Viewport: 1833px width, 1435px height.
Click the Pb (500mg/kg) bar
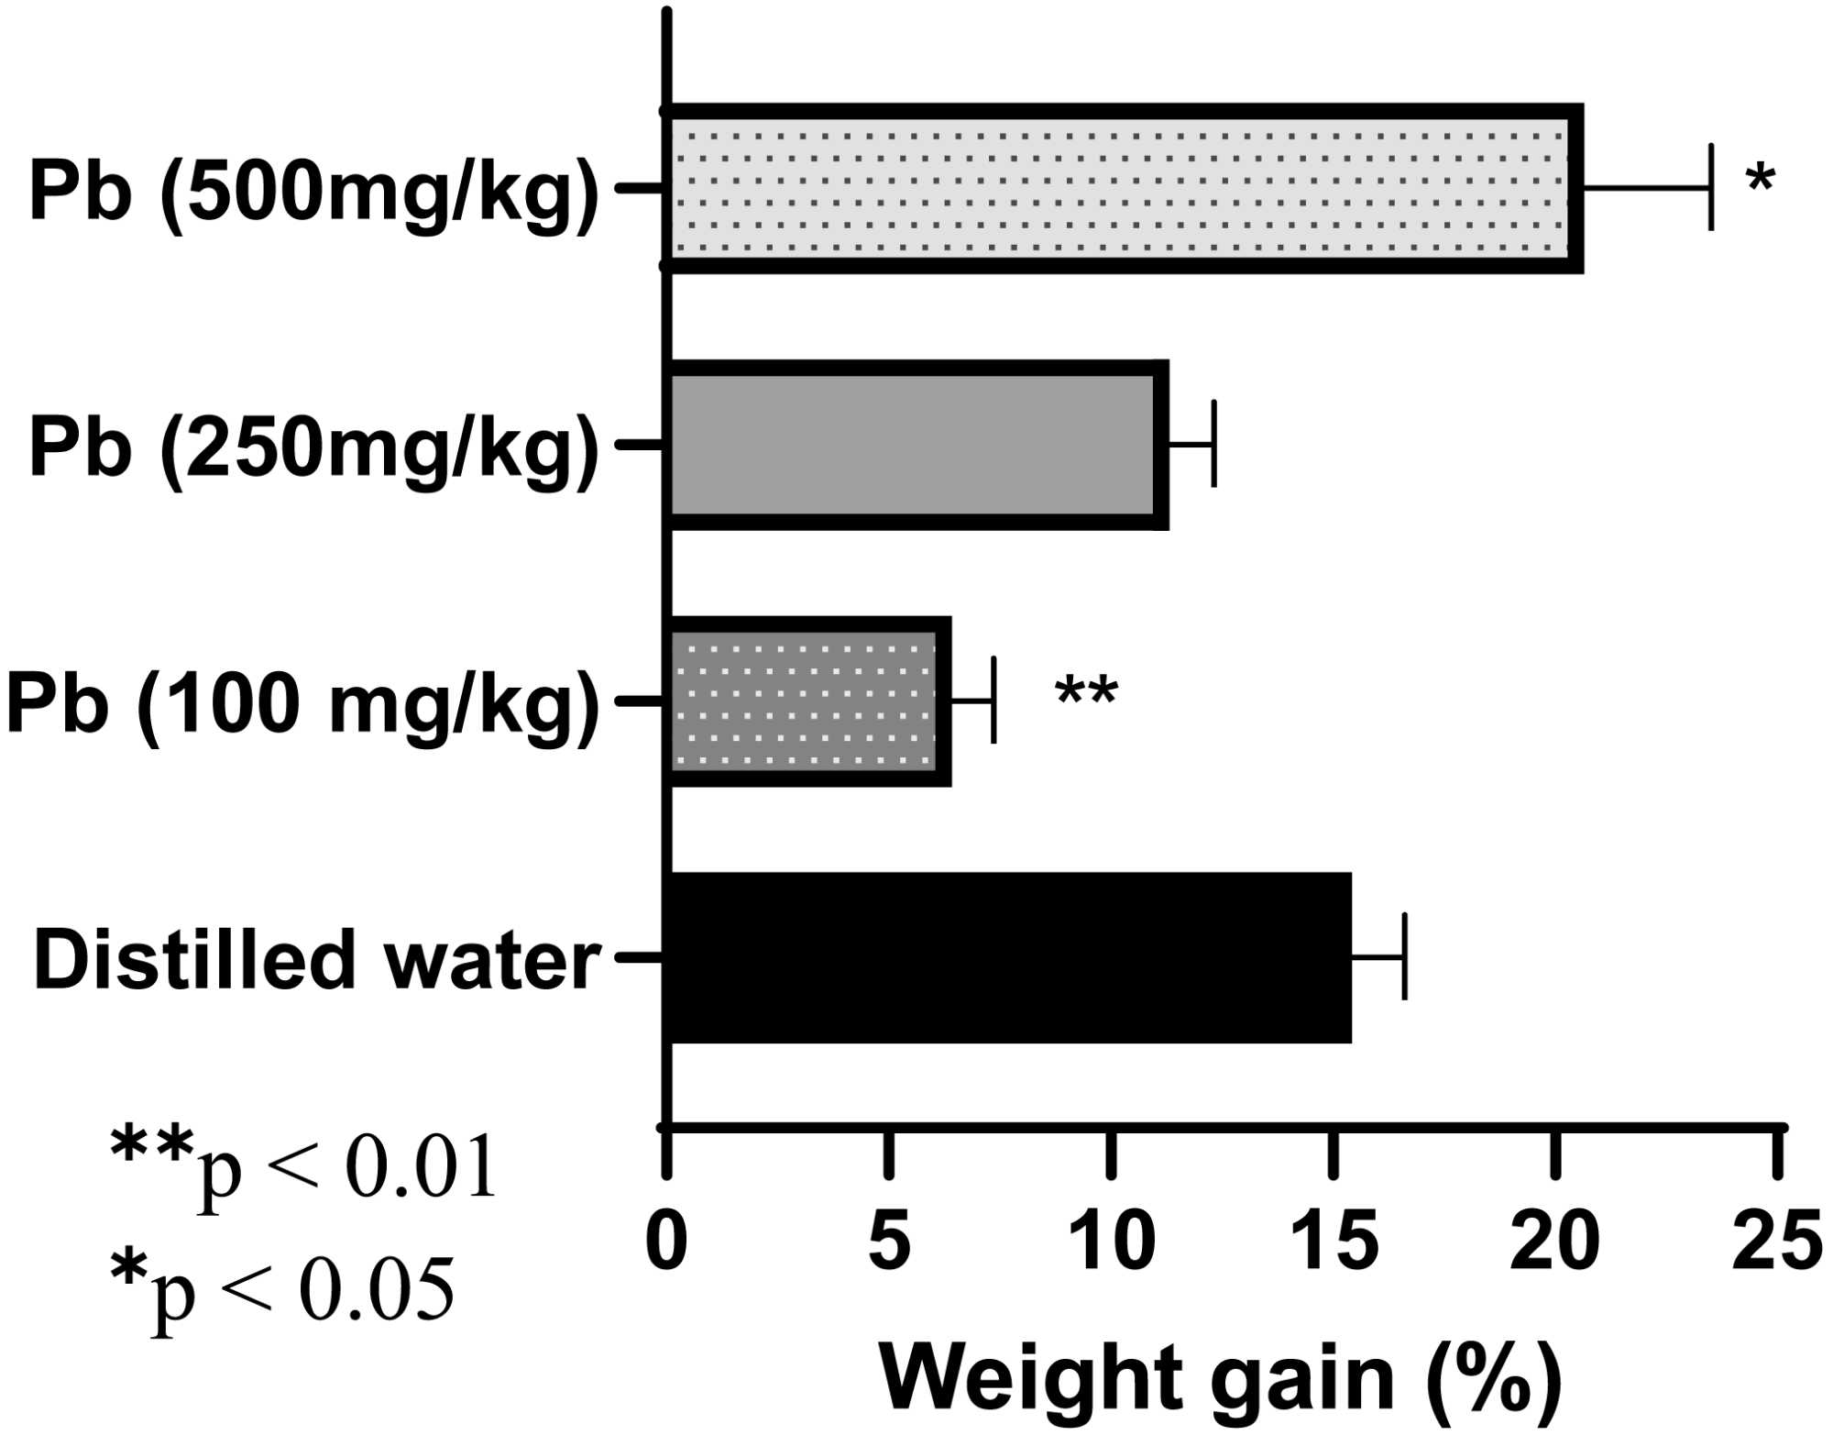point(1123,188)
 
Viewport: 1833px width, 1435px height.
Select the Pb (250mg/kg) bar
point(916,445)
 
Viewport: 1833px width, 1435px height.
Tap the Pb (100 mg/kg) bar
point(807,701)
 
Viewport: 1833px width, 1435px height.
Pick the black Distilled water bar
point(1008,957)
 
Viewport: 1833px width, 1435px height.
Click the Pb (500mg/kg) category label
point(313,191)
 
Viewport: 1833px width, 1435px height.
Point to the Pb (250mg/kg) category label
point(313,447)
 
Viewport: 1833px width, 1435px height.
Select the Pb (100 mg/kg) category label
point(302,704)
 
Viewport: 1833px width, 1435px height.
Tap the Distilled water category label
point(316,959)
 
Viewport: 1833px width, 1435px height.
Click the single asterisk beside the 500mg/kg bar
point(1761,179)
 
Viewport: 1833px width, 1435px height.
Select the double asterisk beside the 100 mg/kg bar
point(1086,692)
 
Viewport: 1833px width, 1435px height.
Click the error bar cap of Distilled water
point(1404,956)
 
